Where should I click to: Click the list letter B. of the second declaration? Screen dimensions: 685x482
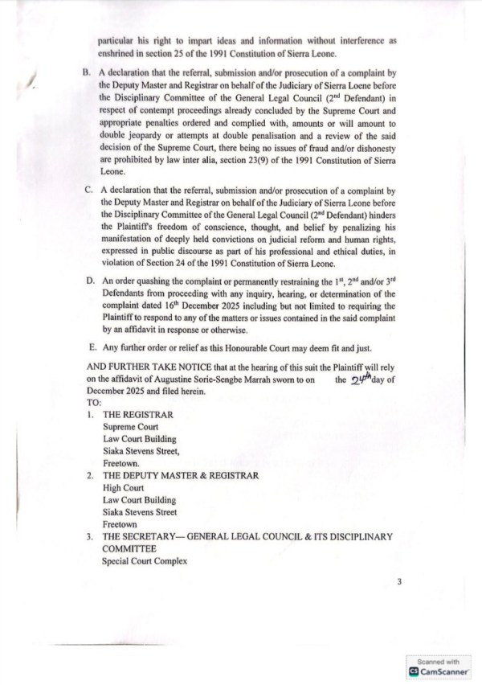[x=87, y=71]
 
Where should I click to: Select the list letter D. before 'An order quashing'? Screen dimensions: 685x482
[x=87, y=285]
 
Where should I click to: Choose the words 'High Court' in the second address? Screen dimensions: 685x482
[x=123, y=487]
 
